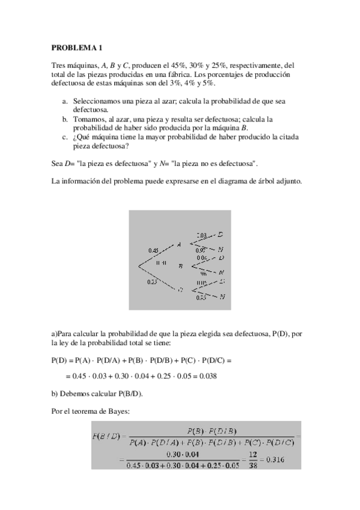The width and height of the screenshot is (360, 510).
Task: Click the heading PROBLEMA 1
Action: click(x=78, y=47)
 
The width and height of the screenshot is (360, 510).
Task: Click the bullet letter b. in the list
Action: click(x=66, y=119)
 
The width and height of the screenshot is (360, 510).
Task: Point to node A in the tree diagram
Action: click(x=178, y=244)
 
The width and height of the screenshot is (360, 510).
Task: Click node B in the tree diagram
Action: click(x=181, y=265)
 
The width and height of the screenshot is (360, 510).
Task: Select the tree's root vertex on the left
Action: click(x=140, y=265)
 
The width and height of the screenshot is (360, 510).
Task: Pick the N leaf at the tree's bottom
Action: click(x=222, y=296)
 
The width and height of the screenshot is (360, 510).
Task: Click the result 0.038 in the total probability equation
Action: click(x=207, y=376)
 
